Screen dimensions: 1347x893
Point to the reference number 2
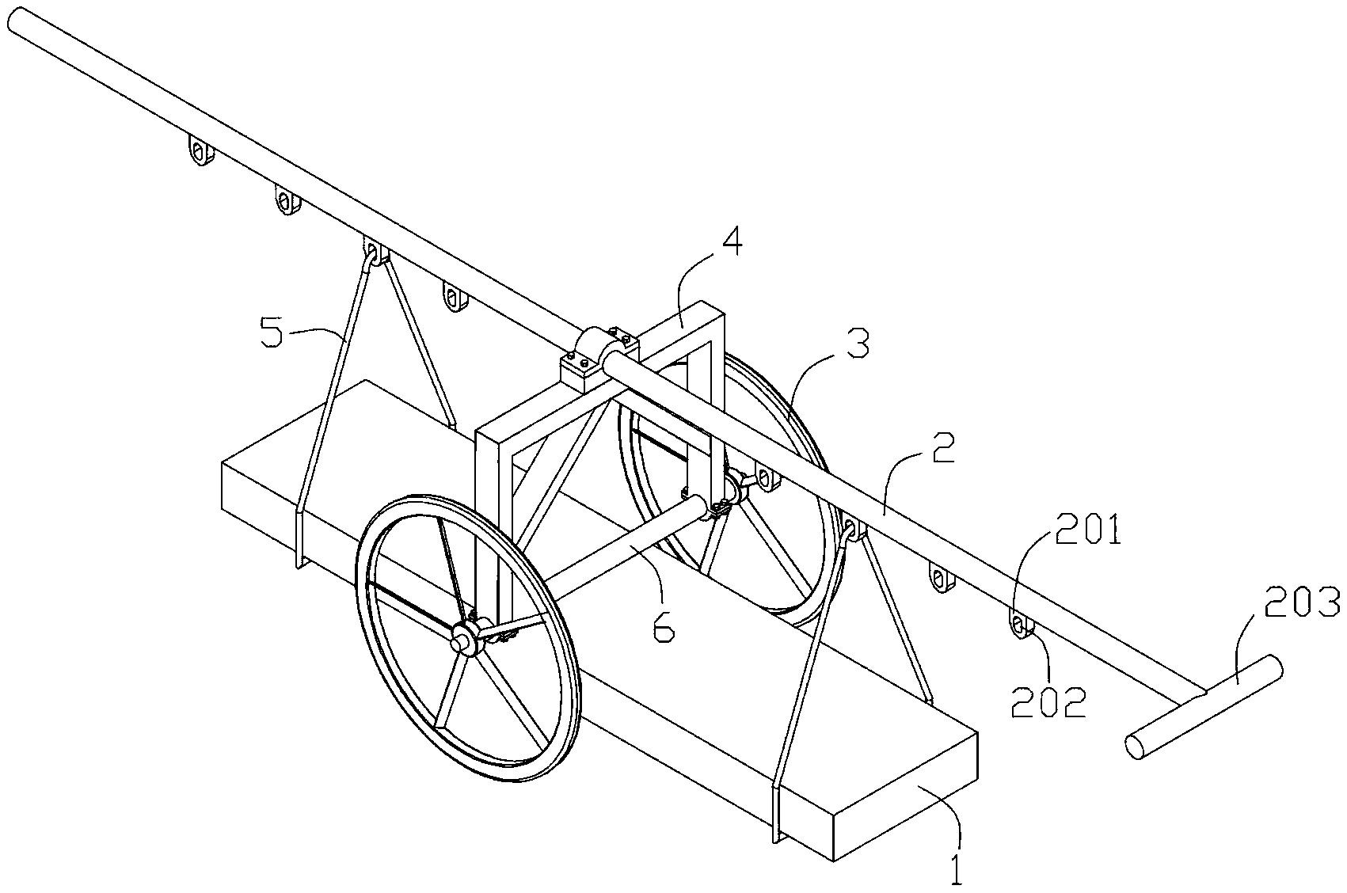(x=943, y=449)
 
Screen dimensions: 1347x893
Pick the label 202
(x=1048, y=701)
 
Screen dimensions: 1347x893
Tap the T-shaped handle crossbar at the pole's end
(x=1204, y=707)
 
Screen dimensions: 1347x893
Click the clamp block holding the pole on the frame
(x=599, y=355)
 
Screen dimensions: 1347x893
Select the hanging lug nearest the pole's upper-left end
(x=201, y=150)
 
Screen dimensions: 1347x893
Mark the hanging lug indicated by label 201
(x=1021, y=627)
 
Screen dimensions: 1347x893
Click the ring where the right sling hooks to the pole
(x=851, y=530)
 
